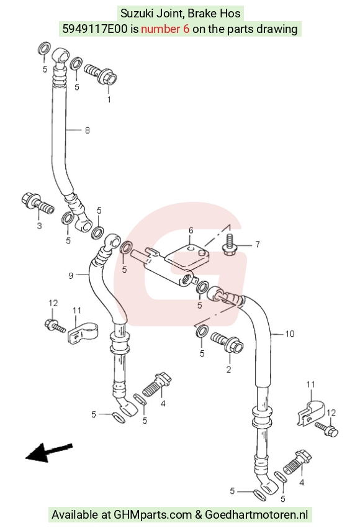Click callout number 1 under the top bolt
point(109,99)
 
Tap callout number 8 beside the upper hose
point(88,130)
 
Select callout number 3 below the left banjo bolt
point(39,225)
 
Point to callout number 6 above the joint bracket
point(191,230)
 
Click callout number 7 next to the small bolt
point(258,244)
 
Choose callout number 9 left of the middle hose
point(71,276)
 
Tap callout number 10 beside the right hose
point(290,334)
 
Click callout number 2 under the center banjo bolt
point(229,370)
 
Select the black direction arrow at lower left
point(49,452)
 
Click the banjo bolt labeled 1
point(101,73)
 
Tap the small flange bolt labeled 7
point(230,245)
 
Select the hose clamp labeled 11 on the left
point(83,332)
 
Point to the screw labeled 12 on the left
point(55,325)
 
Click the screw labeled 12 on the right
point(326,429)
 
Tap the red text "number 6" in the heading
point(165,29)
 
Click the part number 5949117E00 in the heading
point(95,29)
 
